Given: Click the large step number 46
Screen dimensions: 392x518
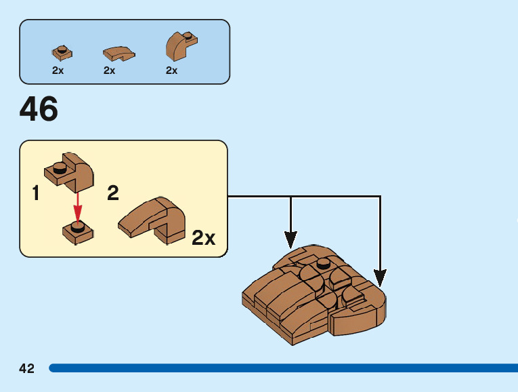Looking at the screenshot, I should pyautogui.click(x=39, y=109).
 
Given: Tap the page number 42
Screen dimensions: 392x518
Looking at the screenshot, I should pyautogui.click(x=26, y=368).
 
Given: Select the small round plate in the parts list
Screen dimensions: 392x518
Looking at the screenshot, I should pyautogui.click(x=62, y=52).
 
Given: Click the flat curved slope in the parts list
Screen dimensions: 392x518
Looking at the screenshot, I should pyautogui.click(x=118, y=53).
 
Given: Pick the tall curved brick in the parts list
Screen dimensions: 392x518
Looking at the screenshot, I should pyautogui.click(x=179, y=46).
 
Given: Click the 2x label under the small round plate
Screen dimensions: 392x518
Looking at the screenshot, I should pyautogui.click(x=58, y=71).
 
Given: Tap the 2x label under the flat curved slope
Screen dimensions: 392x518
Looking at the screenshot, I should pyautogui.click(x=109, y=71).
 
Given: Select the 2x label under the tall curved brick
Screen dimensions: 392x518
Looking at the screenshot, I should pyautogui.click(x=171, y=71).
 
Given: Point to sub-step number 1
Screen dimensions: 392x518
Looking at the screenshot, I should pyautogui.click(x=35, y=194).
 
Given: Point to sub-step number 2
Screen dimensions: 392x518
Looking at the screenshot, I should pyautogui.click(x=113, y=194).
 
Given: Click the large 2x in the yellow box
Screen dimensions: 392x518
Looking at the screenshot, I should pyautogui.click(x=203, y=238).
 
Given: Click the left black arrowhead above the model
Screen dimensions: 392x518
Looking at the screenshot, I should pyautogui.click(x=290, y=239).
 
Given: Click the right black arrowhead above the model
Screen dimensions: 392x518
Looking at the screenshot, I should pyautogui.click(x=380, y=277).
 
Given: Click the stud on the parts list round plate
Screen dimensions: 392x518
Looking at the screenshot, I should pyautogui.click(x=62, y=49).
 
